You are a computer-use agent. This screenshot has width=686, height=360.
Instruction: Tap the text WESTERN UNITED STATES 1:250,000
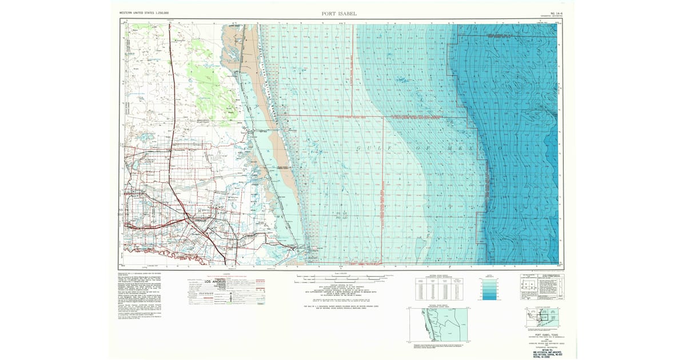tap(147, 12)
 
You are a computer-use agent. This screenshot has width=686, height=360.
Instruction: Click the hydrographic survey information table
tap(440, 289)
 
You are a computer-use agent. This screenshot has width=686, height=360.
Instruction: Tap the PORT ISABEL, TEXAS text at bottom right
tap(541, 335)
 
